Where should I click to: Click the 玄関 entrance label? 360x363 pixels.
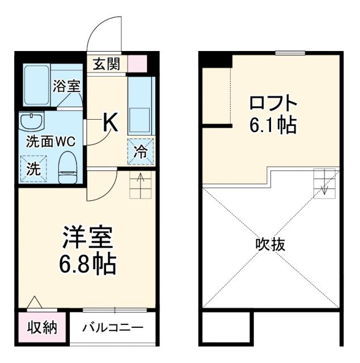click(107, 64)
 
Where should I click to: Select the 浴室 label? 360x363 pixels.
click(67, 87)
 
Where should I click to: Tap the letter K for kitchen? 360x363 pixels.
click(111, 123)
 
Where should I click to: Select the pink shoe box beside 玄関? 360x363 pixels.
click(137, 63)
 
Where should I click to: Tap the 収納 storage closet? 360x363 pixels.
click(43, 328)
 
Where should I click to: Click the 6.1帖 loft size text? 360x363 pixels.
click(273, 126)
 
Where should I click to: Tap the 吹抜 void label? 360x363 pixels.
click(270, 245)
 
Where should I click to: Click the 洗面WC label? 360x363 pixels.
click(50, 141)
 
